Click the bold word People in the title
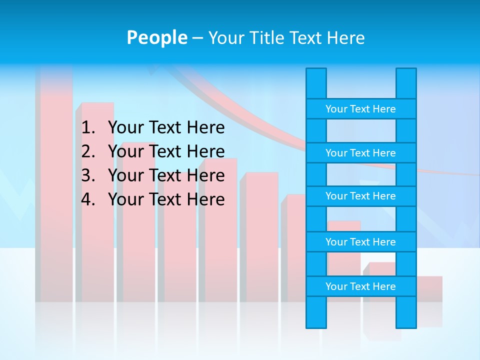point(156,38)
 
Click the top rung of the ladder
point(360,109)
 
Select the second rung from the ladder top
point(360,153)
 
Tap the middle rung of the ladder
point(360,196)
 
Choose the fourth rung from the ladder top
point(360,242)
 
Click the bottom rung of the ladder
point(360,286)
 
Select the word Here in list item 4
point(205,199)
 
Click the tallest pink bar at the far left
point(54,190)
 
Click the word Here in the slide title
point(345,38)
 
